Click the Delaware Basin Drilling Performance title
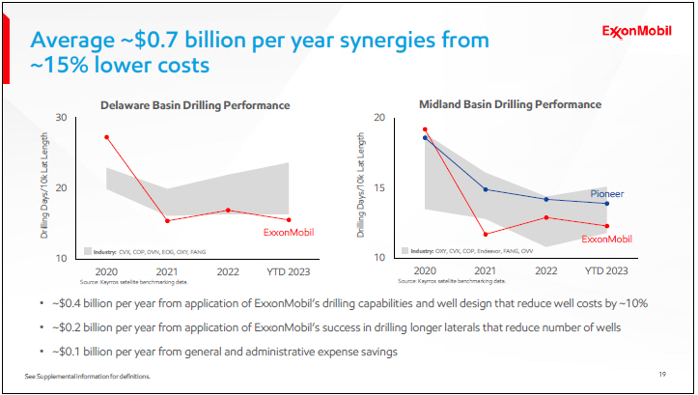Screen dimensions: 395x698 coord(196,104)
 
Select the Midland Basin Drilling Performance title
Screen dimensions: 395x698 coord(510,103)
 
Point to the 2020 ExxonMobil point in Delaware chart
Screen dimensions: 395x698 coord(106,137)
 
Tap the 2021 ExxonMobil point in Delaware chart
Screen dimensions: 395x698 coord(167,221)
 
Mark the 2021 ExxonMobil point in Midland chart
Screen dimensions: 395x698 coord(486,234)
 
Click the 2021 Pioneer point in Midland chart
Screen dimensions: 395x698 coord(486,189)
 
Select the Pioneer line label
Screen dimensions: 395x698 coord(607,194)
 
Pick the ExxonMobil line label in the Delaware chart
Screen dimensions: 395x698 coord(290,232)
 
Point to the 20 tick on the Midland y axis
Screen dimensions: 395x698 coord(379,118)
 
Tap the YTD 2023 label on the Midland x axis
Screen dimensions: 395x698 coord(606,271)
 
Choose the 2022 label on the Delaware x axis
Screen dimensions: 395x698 coord(228,271)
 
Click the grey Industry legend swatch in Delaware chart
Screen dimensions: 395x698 coord(88,250)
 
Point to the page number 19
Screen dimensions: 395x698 coord(662,375)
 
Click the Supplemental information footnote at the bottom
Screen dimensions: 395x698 coord(87,375)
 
